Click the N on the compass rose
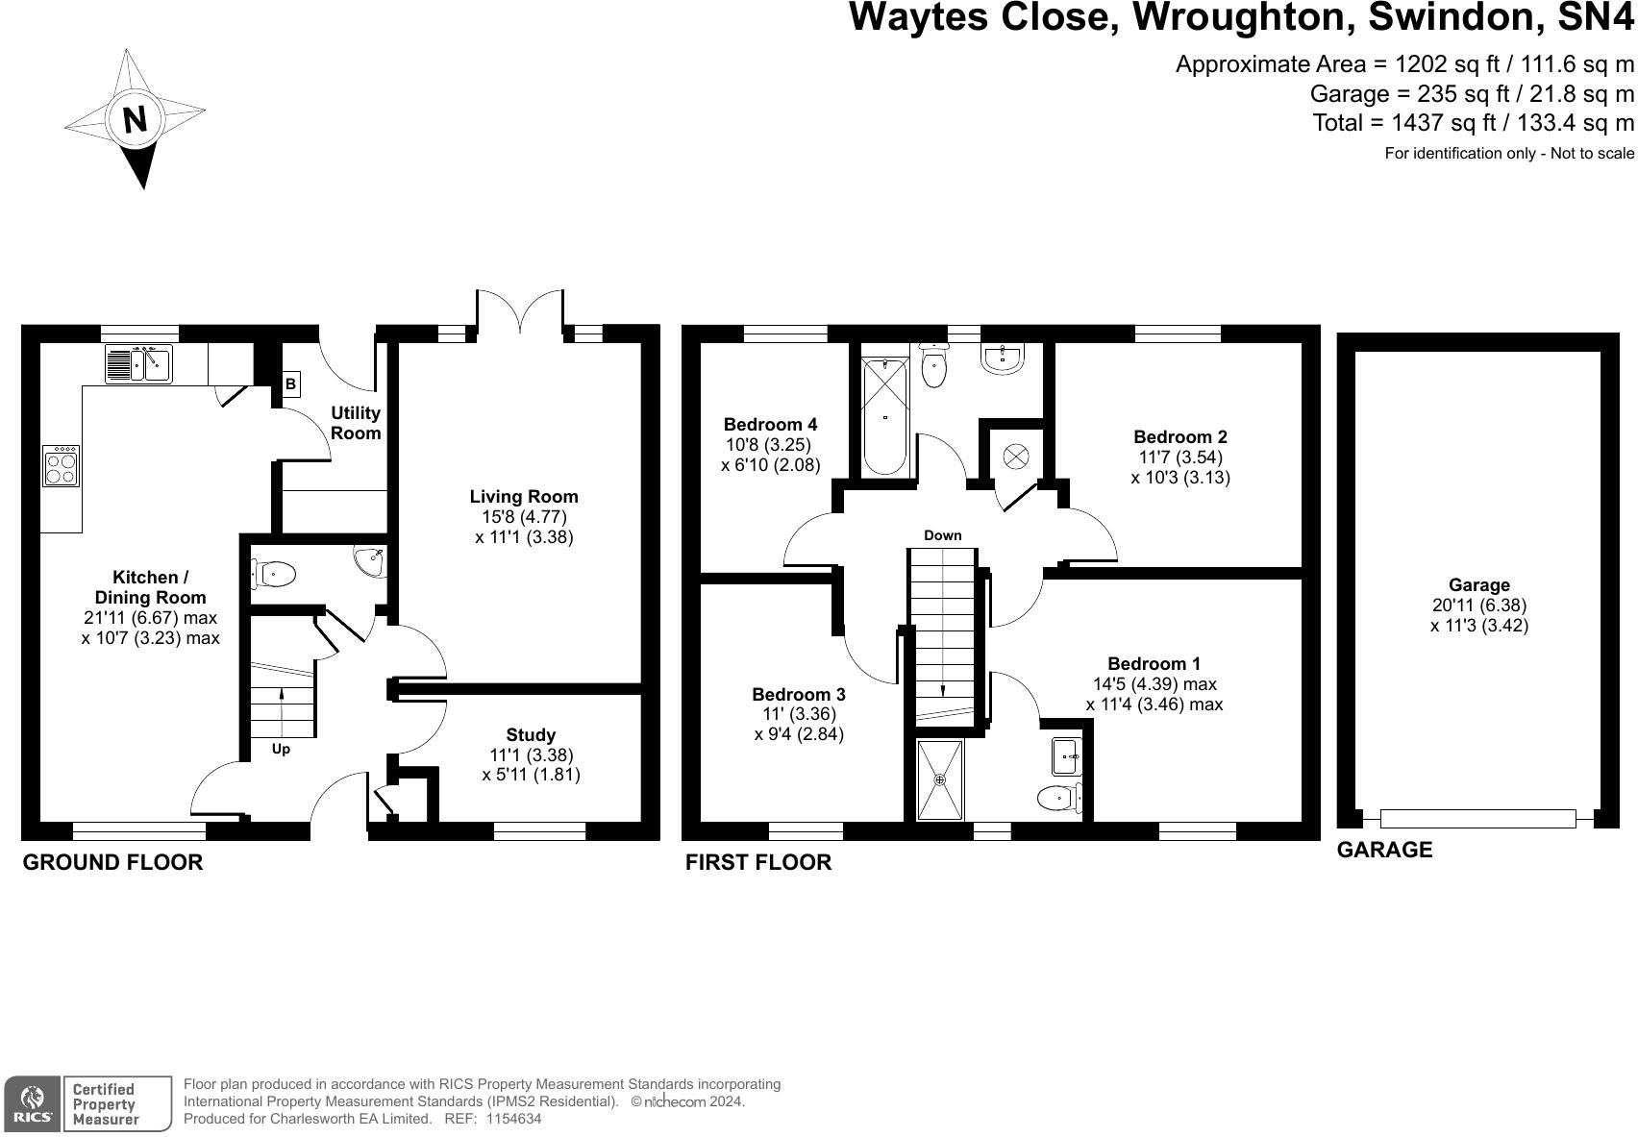click(x=135, y=120)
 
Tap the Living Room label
click(x=524, y=496)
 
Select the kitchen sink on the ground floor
click(x=139, y=364)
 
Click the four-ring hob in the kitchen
click(x=62, y=466)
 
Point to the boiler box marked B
click(x=290, y=384)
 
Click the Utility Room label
click(x=356, y=423)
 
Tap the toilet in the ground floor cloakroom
click(x=273, y=575)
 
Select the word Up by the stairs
click(x=281, y=750)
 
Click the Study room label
click(x=531, y=735)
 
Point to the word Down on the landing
click(x=942, y=535)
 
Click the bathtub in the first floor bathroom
click(x=885, y=416)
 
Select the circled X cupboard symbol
click(x=1016, y=456)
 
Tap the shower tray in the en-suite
click(x=939, y=779)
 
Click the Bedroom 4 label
click(x=770, y=424)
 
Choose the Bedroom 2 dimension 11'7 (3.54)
click(x=1179, y=457)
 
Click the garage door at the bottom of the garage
click(x=1477, y=819)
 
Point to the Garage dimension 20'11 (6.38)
click(x=1478, y=605)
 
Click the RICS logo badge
click(x=33, y=1104)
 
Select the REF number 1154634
click(x=513, y=1119)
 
